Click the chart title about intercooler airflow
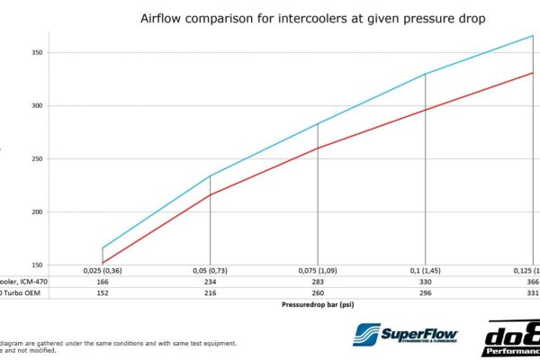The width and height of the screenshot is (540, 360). tap(314, 17)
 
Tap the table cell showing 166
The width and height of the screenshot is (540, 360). tap(103, 281)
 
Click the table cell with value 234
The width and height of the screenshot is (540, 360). tap(210, 281)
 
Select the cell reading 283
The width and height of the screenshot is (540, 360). tap(318, 281)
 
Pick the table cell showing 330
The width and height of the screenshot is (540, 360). tap(425, 281)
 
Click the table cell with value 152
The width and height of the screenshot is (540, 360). tap(103, 292)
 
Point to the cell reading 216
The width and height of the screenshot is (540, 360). tap(210, 292)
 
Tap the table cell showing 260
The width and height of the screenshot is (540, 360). tap(318, 292)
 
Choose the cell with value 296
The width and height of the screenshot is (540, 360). tap(425, 292)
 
